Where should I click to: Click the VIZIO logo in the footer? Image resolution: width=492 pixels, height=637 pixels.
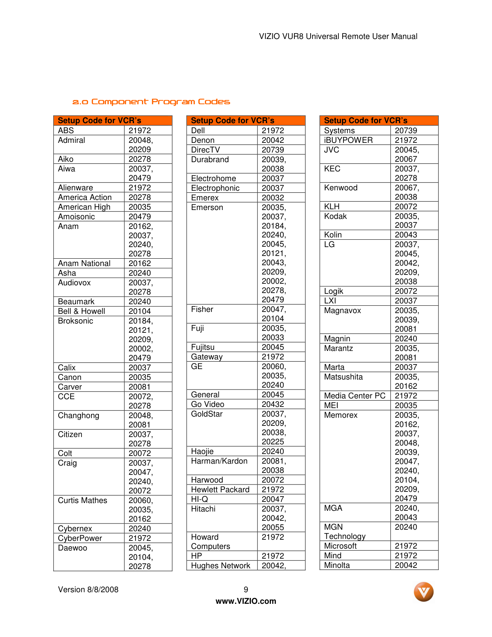[423, 592]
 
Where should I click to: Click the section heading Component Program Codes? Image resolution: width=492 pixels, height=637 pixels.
[151, 102]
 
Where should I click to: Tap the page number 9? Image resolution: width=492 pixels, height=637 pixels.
[246, 590]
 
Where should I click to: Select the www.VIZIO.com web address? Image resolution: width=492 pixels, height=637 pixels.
[246, 601]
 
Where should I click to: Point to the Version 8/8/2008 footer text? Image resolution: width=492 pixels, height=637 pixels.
[88, 590]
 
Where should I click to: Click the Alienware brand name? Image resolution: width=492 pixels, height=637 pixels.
[75, 188]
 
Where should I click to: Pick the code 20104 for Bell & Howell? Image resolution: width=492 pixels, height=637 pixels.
[140, 311]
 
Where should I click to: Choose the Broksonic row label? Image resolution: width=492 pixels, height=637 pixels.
[75, 321]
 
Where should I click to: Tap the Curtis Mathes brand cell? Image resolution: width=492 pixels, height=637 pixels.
[82, 500]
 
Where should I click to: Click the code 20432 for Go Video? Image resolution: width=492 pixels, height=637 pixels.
[273, 404]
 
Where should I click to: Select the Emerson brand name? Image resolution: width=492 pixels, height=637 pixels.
[207, 207]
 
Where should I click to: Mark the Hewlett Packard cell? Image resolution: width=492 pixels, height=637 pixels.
[220, 490]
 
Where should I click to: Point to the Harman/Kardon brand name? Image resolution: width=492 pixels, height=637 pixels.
[219, 461]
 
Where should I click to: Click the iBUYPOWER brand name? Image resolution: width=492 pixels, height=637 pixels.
[348, 140]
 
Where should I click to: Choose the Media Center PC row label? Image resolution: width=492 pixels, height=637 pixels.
[355, 396]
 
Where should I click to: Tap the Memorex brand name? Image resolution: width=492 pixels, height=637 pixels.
[341, 415]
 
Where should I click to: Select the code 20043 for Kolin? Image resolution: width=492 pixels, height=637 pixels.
[406, 235]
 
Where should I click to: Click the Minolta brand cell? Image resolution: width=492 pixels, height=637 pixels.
[337, 565]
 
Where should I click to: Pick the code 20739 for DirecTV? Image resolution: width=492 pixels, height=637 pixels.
[273, 150]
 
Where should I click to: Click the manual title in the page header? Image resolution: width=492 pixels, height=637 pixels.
[338, 36]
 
